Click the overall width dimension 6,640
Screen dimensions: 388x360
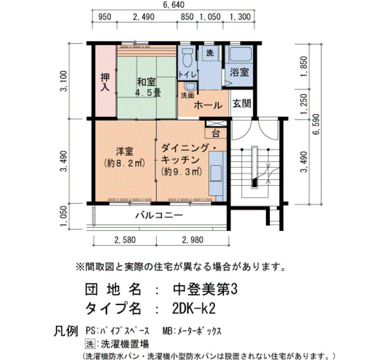[173, 4]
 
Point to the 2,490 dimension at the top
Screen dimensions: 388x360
[144, 17]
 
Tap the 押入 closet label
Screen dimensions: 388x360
[105, 82]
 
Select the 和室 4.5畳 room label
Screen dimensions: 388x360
[148, 87]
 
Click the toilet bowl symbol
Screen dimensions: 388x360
[187, 57]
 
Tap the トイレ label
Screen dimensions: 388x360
[187, 74]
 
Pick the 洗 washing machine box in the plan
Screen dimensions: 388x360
[210, 53]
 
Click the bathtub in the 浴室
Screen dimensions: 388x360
[241, 54]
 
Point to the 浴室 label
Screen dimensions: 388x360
[239, 72]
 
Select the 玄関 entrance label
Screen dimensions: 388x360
[242, 104]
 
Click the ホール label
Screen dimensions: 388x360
[208, 105]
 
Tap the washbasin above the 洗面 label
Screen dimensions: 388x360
[190, 87]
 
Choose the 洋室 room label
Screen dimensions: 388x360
[125, 151]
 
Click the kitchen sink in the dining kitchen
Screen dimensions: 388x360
[216, 173]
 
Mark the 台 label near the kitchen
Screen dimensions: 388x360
[216, 134]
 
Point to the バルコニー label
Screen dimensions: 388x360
[159, 215]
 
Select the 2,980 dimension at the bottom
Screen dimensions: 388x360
[193, 240]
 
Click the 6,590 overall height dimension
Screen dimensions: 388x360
[316, 125]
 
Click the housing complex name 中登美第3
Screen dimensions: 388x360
[205, 289]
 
